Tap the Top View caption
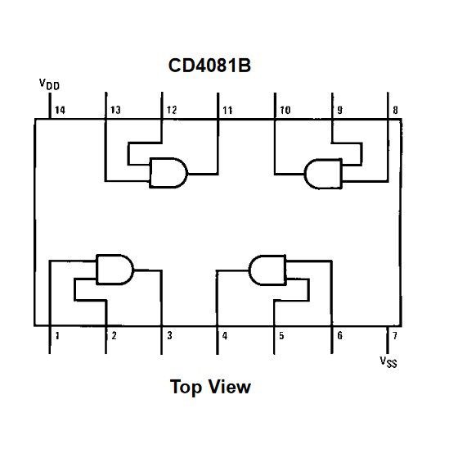tap(210, 386)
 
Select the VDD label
tap(48, 84)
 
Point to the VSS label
tap(388, 361)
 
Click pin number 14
tap(60, 110)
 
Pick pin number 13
tap(115, 110)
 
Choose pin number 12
tap(172, 110)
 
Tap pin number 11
tap(227, 110)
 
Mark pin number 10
tap(285, 110)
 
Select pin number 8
tap(395, 110)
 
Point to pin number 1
tap(57, 335)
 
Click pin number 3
tap(169, 335)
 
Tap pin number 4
tap(225, 335)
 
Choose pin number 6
tap(338, 335)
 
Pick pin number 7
tap(394, 335)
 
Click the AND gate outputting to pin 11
tap(168, 173)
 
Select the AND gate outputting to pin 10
tap(323, 173)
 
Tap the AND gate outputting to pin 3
tap(115, 269)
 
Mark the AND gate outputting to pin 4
tap(267, 268)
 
